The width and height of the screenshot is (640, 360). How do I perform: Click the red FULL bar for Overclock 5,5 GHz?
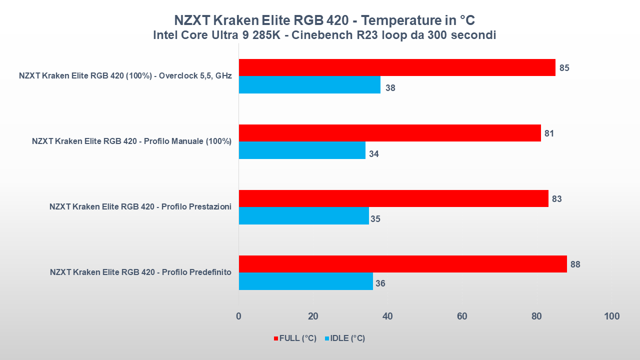point(397,67)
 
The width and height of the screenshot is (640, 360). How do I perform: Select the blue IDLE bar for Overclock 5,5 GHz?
point(309,85)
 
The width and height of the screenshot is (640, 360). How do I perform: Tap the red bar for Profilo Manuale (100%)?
point(389,133)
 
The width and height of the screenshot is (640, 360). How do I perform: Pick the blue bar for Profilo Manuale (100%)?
point(302,150)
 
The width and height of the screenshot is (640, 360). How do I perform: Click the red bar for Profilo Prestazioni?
point(393,198)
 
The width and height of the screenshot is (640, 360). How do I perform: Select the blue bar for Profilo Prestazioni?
point(304,216)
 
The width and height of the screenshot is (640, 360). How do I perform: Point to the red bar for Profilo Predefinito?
point(402,264)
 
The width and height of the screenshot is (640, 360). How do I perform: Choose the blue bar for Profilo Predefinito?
point(305,281)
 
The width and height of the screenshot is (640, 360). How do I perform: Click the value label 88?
point(575,264)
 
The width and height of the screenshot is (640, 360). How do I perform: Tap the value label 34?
point(373,154)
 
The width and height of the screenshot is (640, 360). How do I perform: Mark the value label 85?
point(564,68)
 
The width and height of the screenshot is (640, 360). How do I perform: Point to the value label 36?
point(380,283)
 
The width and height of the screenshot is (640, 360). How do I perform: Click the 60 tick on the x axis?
point(462,316)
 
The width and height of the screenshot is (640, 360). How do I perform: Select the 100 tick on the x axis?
point(611,316)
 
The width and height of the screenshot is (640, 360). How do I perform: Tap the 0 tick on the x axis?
point(238,316)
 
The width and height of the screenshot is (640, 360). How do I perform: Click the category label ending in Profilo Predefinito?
point(140,272)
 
